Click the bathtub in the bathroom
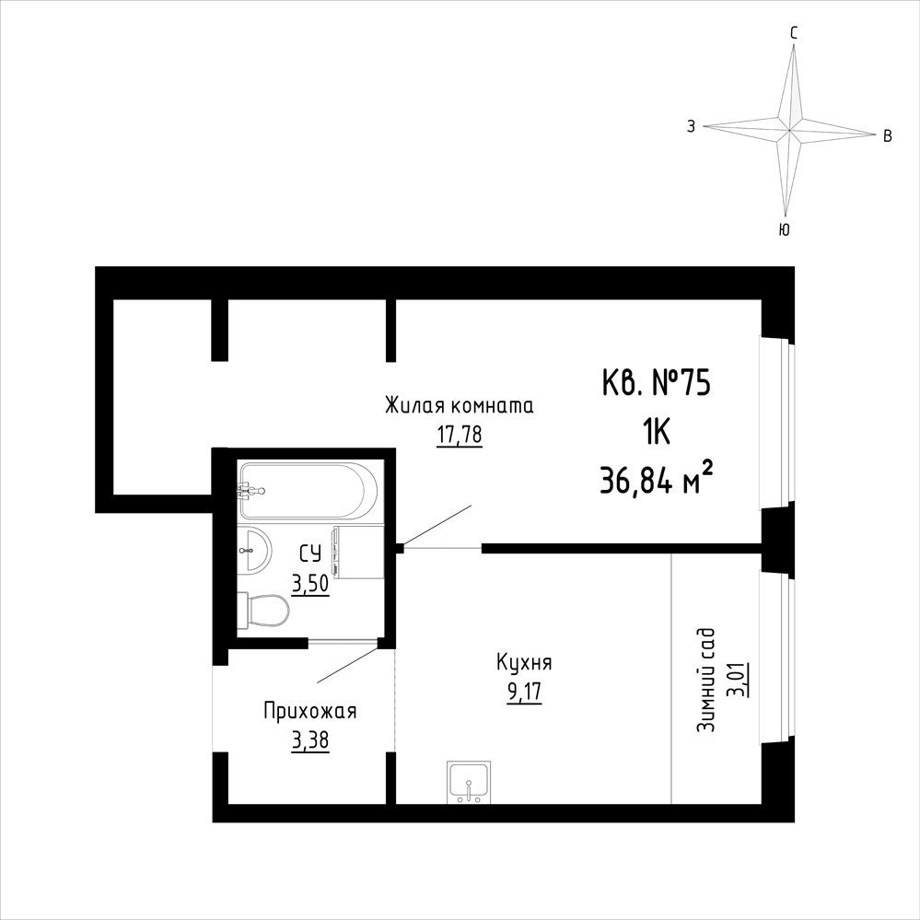tap(308, 491)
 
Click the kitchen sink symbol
tap(469, 782)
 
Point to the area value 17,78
tap(459, 435)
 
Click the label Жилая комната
tap(459, 405)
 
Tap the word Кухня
tap(524, 662)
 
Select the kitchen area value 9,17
tap(525, 692)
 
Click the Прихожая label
tap(309, 711)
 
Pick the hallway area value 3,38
tap(309, 741)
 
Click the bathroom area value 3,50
tap(310, 585)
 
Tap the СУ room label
tap(310, 554)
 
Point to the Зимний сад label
tap(705, 680)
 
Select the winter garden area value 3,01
tap(736, 680)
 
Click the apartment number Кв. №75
tap(656, 384)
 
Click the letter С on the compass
tap(794, 34)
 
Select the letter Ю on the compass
tap(784, 229)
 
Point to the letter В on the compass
tap(888, 136)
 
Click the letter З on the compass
tap(692, 125)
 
